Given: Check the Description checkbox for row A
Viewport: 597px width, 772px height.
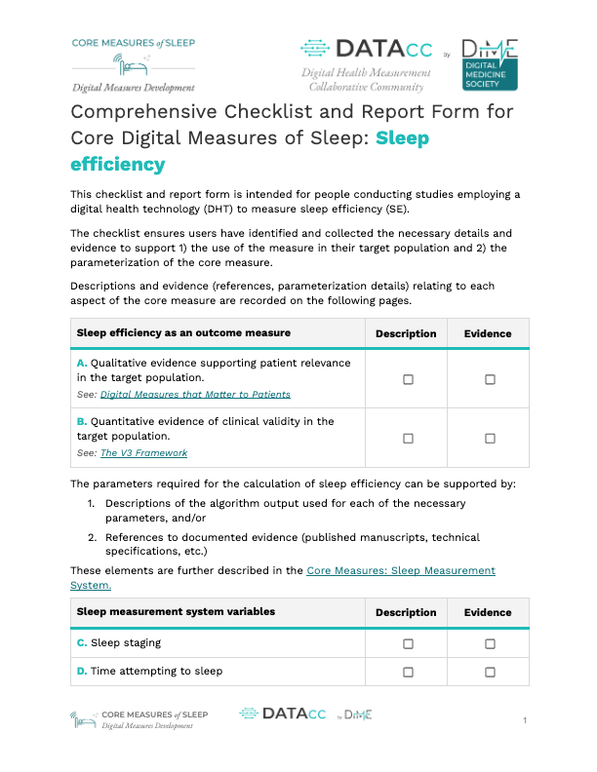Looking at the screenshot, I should point(408,379).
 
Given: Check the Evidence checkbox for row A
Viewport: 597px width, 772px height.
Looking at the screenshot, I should point(490,379).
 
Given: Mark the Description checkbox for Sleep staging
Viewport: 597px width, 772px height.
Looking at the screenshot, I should point(408,643).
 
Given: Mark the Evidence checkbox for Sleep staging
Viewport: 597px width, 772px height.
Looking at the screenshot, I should point(490,643).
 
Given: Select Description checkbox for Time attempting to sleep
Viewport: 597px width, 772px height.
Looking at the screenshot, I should point(408,672).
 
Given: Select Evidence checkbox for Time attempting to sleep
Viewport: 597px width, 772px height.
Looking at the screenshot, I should point(490,672).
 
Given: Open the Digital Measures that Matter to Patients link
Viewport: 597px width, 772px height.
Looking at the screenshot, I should point(195,395).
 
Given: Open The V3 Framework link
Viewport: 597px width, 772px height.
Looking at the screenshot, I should point(143,453).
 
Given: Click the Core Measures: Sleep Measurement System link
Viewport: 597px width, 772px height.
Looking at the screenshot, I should point(400,570).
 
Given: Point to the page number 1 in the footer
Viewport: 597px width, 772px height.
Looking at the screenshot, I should point(525,720).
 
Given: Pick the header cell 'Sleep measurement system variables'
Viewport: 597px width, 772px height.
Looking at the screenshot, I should point(176,612).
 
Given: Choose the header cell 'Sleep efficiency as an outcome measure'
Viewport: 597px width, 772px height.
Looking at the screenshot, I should point(183,333).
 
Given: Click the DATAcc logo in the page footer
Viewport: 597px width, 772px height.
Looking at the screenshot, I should point(283,714).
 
